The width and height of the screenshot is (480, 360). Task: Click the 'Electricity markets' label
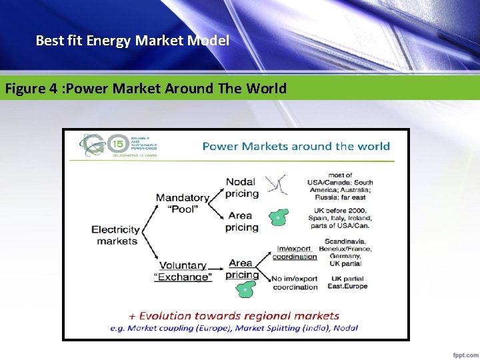click(115, 235)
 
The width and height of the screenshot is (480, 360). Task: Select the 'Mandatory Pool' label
click(182, 203)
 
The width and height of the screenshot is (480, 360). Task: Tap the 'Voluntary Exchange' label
click(183, 271)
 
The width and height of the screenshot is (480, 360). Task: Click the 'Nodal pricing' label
click(241, 187)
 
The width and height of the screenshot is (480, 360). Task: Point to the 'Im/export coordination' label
click(295, 253)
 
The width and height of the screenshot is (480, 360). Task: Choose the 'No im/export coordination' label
click(295, 283)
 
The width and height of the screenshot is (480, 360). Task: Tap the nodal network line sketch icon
click(276, 185)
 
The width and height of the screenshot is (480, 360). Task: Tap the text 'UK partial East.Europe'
click(347, 282)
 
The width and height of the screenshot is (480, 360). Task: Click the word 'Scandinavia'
click(345, 241)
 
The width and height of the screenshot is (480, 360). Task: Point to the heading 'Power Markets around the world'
click(296, 147)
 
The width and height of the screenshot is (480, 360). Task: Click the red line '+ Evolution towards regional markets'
click(234, 316)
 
